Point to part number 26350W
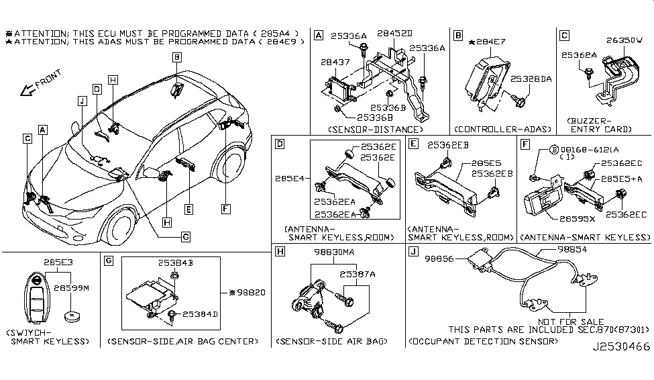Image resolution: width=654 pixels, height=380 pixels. pos(625,40)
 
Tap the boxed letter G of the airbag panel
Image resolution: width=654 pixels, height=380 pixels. pos(108,260)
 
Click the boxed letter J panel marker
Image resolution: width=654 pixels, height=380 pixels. pos(414,252)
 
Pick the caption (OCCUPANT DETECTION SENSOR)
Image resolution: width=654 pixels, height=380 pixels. pos(482,342)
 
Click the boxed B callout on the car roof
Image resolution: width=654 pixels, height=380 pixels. pos(176,58)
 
